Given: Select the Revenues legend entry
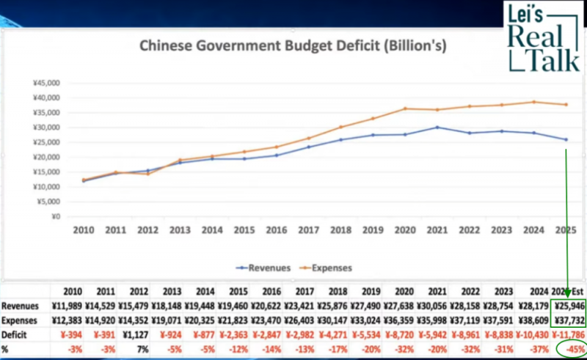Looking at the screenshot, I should [x=263, y=268].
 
